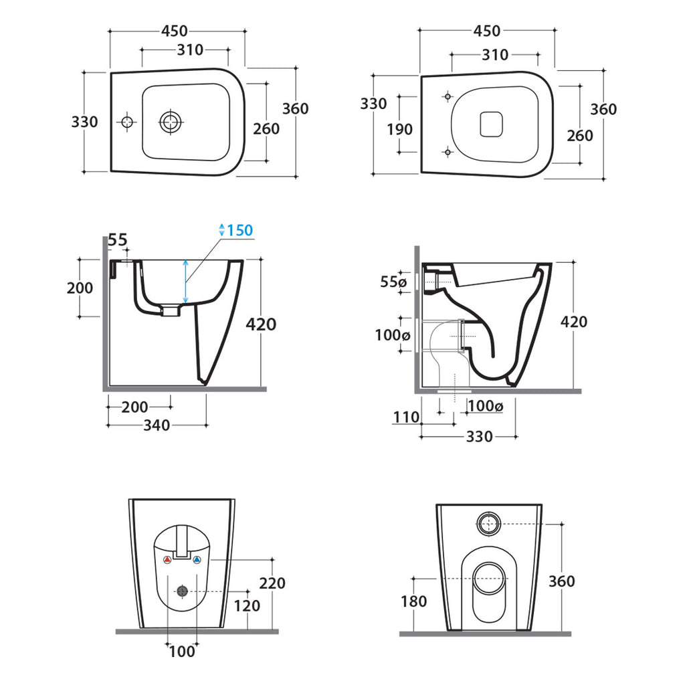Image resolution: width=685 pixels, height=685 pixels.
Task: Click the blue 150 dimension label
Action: click(239, 231)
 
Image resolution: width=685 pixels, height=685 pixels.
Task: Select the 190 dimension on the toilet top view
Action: click(400, 128)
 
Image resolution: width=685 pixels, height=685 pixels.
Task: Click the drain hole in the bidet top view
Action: click(171, 122)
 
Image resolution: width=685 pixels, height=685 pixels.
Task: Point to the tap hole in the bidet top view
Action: click(126, 122)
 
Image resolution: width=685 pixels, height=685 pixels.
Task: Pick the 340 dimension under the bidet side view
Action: click(156, 425)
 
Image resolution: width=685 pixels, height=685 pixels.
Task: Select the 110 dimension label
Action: click(406, 417)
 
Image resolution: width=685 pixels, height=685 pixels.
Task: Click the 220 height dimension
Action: click(272, 583)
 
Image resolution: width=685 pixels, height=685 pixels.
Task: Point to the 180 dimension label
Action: click(413, 601)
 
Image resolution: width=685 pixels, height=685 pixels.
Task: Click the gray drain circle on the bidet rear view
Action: click(182, 591)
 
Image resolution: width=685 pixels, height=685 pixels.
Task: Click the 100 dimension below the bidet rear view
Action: click(182, 651)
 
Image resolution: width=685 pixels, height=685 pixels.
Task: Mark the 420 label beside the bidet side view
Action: click(261, 324)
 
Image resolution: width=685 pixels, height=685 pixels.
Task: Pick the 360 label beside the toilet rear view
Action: click(561, 581)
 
